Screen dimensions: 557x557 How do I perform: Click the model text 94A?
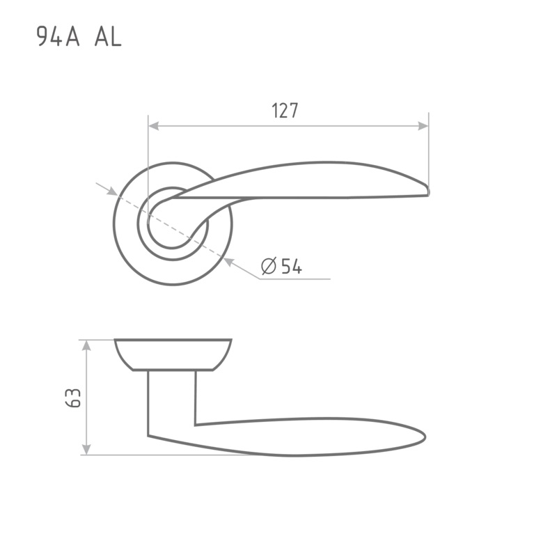tap(58, 37)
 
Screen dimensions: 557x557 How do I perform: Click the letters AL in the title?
tap(108, 37)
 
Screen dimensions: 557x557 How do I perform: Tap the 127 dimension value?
tap(285, 111)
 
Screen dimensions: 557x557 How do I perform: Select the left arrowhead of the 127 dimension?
tap(153, 126)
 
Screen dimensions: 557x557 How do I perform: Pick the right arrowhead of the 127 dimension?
tap(423, 126)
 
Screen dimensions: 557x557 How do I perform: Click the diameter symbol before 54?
tap(269, 266)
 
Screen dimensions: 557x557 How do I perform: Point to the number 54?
tap(291, 267)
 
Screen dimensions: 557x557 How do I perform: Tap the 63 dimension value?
tap(73, 398)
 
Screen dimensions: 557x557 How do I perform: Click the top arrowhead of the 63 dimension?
tap(86, 345)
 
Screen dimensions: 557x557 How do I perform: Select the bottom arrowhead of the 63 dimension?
tap(86, 449)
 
